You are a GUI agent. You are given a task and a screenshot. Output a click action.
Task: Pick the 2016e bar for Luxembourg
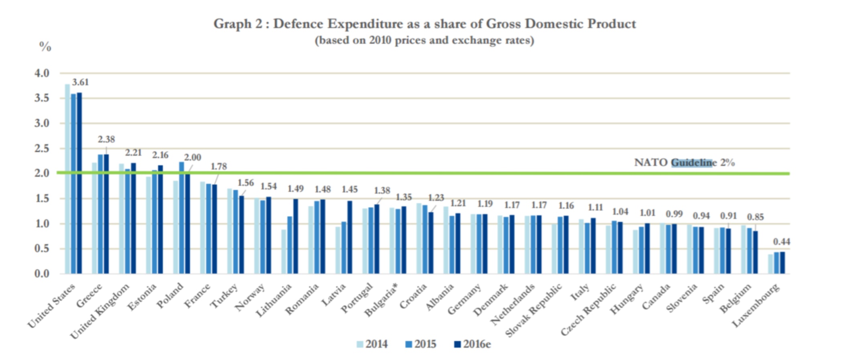(x=782, y=263)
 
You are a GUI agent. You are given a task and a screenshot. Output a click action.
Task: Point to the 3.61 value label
(x=80, y=82)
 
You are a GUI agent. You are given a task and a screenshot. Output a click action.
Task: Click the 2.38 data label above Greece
(x=106, y=139)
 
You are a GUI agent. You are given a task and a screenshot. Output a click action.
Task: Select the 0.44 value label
(x=782, y=242)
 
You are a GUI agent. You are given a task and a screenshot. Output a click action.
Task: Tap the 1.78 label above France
(x=219, y=166)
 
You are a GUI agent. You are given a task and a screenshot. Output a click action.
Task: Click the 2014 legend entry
(x=372, y=344)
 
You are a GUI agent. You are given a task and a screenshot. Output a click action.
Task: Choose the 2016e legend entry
(x=472, y=344)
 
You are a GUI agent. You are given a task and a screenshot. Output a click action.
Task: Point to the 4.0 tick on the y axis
(x=42, y=73)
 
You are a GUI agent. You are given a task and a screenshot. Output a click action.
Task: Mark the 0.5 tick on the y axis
(x=42, y=248)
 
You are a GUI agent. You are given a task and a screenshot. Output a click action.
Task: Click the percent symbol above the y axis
(x=45, y=47)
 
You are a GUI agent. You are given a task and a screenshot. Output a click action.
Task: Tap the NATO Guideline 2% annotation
(x=684, y=163)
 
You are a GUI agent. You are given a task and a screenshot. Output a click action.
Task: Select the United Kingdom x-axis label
(x=100, y=311)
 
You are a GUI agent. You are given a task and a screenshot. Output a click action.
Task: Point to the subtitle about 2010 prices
(x=424, y=41)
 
